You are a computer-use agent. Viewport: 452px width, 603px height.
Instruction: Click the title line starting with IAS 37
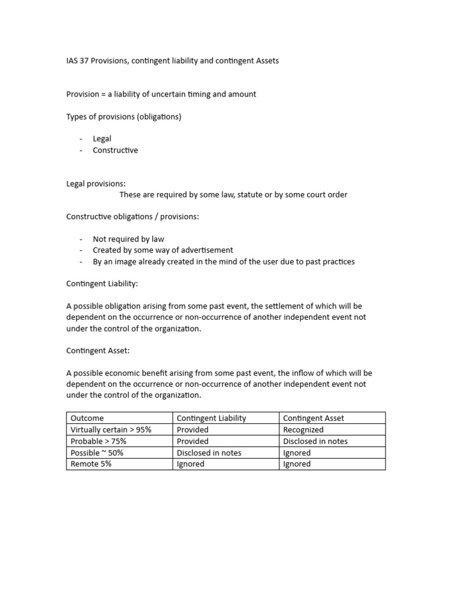tap(172, 61)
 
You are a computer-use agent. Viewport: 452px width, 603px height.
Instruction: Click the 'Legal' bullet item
tap(102, 139)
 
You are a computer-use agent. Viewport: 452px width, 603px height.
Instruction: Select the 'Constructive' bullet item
tap(115, 150)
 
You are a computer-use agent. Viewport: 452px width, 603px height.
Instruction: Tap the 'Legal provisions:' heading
tap(96, 184)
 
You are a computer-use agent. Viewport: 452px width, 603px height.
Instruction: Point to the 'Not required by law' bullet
tap(128, 239)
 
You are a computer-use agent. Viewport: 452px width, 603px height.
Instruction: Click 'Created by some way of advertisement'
tap(163, 250)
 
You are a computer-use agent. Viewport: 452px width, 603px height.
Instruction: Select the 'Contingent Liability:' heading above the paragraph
tap(102, 284)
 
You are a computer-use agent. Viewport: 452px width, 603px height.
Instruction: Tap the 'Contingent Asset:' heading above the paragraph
tap(98, 351)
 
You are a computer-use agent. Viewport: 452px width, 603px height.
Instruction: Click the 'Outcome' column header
tap(87, 418)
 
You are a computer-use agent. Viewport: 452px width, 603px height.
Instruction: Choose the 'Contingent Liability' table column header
tap(211, 418)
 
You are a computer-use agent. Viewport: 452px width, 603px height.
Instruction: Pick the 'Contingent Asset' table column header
tap(313, 418)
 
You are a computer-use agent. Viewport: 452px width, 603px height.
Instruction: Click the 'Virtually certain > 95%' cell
tap(111, 430)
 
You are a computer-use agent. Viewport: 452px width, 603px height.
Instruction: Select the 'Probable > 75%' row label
tap(98, 441)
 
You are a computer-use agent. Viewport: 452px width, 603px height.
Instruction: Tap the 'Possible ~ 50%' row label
tap(97, 453)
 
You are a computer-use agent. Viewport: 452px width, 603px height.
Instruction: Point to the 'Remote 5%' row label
tap(91, 464)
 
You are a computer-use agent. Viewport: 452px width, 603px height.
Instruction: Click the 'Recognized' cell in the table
tap(303, 430)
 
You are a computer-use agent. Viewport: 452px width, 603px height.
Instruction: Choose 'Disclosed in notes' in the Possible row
tap(209, 453)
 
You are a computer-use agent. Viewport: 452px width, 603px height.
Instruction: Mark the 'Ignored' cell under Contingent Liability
tap(191, 464)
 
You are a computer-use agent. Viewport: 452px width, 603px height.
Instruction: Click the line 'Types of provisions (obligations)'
tap(124, 117)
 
